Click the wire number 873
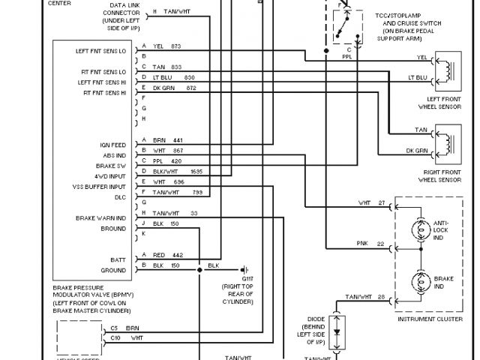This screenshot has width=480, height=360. click(x=176, y=46)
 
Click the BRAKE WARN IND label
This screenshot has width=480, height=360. click(x=100, y=217)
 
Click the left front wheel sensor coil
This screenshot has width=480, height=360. click(x=450, y=67)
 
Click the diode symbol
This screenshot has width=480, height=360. click(x=337, y=330)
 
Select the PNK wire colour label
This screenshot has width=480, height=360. click(x=363, y=244)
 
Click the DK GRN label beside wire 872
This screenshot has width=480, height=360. click(x=164, y=88)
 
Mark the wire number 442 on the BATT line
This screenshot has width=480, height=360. click(x=177, y=255)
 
